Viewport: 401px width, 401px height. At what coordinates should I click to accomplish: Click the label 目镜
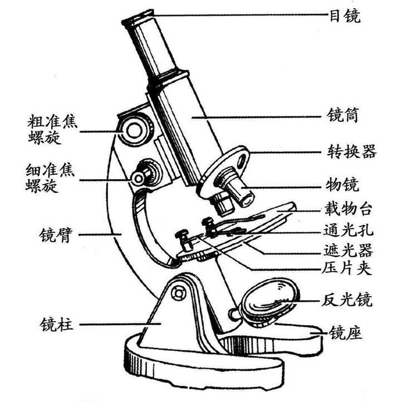click(345, 16)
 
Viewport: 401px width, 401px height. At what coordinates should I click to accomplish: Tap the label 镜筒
click(345, 117)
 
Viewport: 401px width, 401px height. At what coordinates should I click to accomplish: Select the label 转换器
click(351, 151)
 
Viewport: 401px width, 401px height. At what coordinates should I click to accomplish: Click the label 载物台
click(351, 209)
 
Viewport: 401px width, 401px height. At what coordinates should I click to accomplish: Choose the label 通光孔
click(351, 229)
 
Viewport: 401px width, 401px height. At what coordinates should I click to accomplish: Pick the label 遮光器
click(351, 249)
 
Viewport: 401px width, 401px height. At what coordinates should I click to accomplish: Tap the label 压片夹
click(351, 269)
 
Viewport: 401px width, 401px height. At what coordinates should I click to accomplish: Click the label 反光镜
click(351, 301)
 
